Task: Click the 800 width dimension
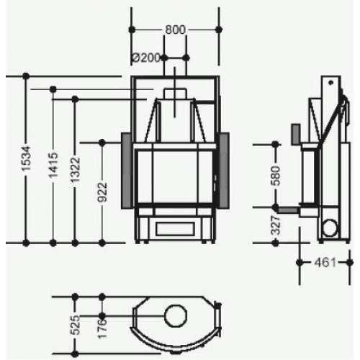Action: (x=175, y=30)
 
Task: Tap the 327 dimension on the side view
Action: (x=275, y=225)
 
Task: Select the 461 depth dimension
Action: (x=325, y=262)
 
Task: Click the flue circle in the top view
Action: (x=175, y=315)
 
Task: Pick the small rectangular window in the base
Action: (x=175, y=227)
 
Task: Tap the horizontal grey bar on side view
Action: (x=289, y=210)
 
